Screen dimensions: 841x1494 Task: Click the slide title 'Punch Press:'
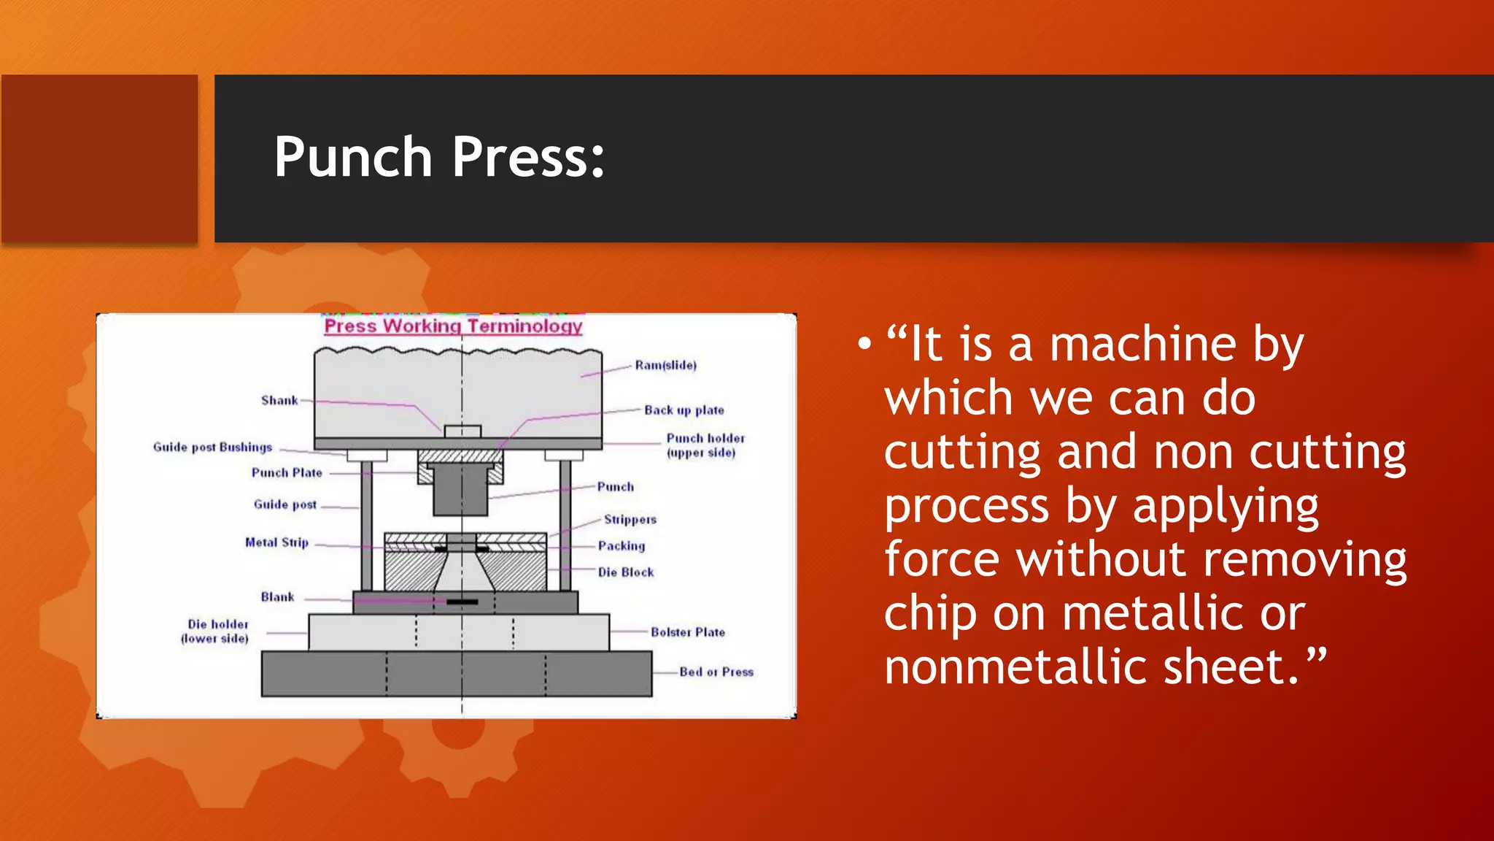(439, 157)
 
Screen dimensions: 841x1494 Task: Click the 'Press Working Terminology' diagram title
(453, 326)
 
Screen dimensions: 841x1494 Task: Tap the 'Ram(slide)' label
(665, 365)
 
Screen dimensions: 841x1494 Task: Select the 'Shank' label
(279, 400)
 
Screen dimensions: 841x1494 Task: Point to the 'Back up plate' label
(684, 410)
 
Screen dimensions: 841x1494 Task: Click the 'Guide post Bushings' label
(212, 447)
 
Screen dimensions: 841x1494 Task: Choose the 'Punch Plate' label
(287, 472)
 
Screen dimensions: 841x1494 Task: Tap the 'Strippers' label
(630, 519)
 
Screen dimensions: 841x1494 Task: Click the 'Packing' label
(622, 545)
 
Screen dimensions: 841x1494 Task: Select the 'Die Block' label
(626, 572)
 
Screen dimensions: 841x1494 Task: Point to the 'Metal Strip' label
(276, 542)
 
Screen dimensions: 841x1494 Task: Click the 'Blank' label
(277, 596)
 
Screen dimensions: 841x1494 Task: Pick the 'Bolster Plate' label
(688, 632)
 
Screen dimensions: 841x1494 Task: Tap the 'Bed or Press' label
(716, 672)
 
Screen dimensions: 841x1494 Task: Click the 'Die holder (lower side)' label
(217, 631)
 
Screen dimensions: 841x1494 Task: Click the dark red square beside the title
(99, 158)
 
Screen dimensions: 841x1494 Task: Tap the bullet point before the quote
(864, 344)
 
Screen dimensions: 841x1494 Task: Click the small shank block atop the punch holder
(462, 431)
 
